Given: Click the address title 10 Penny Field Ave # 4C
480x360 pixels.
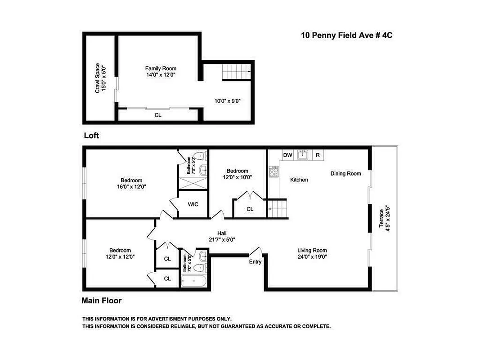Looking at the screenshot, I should click(343, 36).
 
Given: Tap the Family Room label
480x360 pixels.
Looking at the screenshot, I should click(160, 68).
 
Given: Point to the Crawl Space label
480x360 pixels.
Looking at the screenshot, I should click(100, 78).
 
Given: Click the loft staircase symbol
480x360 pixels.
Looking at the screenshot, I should click(236, 71).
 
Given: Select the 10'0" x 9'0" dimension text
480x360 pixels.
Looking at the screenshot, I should click(227, 101).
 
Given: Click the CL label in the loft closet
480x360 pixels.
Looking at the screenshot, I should click(158, 115).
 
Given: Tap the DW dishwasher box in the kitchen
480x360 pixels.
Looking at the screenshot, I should click(287, 155).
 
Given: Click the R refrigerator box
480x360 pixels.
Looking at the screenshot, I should click(318, 155).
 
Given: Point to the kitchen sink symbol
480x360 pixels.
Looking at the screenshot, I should click(303, 155).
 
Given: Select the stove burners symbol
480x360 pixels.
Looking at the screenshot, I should click(274, 171).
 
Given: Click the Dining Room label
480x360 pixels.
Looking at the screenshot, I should click(345, 174).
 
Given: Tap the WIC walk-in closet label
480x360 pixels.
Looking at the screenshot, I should click(193, 204).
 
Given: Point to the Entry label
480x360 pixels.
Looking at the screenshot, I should click(255, 262).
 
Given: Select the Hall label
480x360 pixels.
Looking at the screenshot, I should click(222, 233).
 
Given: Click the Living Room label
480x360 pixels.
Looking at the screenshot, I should click(312, 251).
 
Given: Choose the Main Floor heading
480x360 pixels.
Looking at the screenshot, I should click(101, 301).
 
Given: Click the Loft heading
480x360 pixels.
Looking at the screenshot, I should click(91, 135).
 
